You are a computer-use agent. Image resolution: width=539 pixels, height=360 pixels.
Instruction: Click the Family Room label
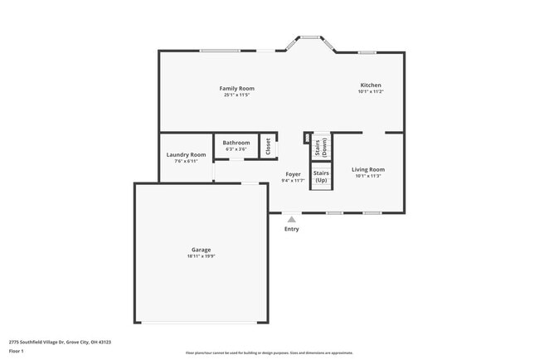tap(236, 88)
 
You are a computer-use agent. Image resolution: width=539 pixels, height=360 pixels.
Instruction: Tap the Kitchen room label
tap(370, 85)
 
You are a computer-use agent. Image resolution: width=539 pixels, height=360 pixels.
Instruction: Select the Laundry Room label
tap(186, 154)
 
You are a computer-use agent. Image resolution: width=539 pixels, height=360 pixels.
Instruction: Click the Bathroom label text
tap(236, 143)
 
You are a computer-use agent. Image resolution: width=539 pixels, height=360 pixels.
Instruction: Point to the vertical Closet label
tap(268, 147)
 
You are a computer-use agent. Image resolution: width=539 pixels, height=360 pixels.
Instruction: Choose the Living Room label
tap(368, 169)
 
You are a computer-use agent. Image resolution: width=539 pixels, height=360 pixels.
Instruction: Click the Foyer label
tap(293, 174)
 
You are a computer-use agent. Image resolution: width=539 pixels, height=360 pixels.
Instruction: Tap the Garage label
tap(201, 250)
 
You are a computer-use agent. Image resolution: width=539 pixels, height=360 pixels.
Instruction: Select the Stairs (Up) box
tap(321, 177)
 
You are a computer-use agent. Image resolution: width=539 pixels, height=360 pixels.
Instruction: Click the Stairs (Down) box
tap(321, 148)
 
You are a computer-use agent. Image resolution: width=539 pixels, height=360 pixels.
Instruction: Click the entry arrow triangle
tap(291, 220)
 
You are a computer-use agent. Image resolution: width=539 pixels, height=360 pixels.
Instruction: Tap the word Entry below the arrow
tap(291, 229)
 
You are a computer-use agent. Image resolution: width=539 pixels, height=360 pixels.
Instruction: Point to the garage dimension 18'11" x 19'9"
tap(201, 256)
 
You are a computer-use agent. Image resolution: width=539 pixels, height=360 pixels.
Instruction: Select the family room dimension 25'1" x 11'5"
tap(236, 95)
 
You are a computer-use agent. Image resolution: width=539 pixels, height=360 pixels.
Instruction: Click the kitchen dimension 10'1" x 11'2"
tap(370, 91)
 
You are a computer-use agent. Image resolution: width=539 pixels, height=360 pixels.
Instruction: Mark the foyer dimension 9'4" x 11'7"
tap(293, 180)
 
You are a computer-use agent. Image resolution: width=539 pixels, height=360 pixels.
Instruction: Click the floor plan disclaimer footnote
tap(269, 352)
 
